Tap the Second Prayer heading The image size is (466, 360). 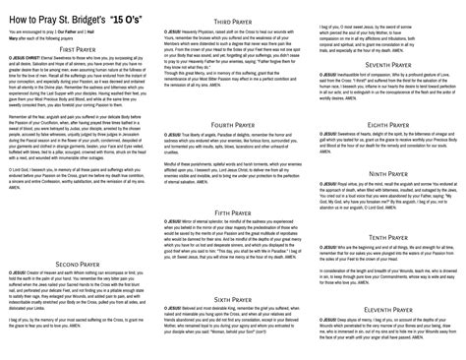78,265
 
